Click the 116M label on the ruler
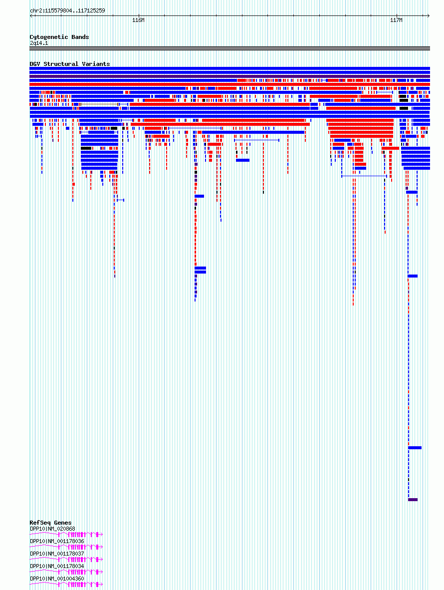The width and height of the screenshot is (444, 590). tap(138, 20)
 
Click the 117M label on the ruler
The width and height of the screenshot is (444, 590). tap(396, 20)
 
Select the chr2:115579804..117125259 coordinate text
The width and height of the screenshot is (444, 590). tap(67, 10)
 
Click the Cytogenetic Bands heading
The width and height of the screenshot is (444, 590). tap(59, 37)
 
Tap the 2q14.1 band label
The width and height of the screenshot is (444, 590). tap(39, 43)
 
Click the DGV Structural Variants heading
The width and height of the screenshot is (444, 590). tap(70, 64)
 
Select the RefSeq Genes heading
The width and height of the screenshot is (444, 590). tap(50, 523)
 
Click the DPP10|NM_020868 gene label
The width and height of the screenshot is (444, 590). tap(52, 529)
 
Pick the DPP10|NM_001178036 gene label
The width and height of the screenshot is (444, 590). tap(57, 541)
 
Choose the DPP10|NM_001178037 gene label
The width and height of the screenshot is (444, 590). tap(57, 554)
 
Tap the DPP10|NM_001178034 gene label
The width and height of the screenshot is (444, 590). tap(57, 567)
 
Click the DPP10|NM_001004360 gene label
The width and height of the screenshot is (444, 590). tap(57, 579)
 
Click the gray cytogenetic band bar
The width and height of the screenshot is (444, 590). tap(229, 48)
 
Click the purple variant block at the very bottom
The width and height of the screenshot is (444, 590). tap(413, 500)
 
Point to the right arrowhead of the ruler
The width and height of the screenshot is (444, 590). tap(428, 16)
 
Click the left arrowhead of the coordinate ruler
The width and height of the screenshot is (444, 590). tap(31, 16)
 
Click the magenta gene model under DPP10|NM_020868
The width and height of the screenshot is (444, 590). tap(66, 534)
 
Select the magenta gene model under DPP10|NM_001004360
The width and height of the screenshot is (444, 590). tap(66, 585)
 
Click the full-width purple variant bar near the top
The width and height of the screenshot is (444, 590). tap(229, 76)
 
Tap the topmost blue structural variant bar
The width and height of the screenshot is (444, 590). tap(229, 68)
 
